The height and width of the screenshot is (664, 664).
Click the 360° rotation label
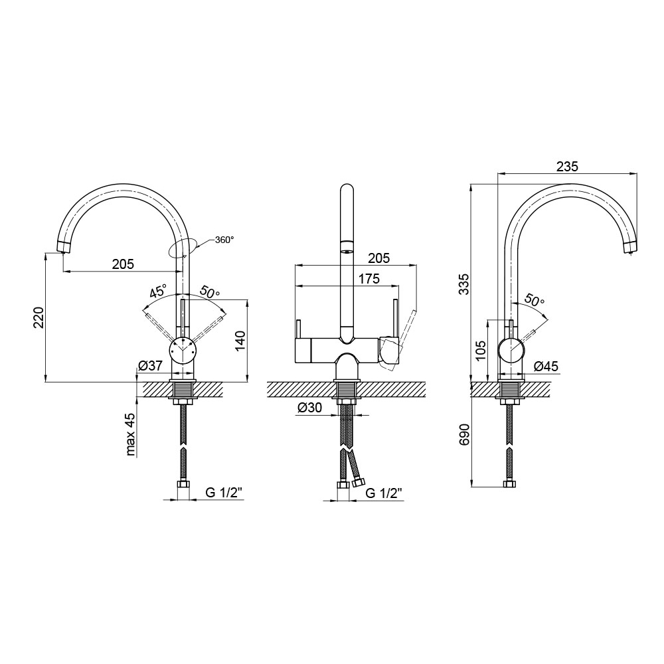coord(224,240)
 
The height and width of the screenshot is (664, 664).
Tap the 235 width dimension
coord(567,167)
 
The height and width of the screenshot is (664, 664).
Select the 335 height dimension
coord(465,284)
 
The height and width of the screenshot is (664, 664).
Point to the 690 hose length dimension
coord(465,434)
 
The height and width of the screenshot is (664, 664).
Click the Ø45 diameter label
coord(546,367)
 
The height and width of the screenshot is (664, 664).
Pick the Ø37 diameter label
coord(150,365)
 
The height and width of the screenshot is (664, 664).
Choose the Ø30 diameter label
coord(309,408)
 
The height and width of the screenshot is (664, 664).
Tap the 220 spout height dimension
coord(39,317)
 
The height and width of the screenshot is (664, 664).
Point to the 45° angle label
coord(159,291)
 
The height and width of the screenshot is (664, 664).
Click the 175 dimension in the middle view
coord(369,279)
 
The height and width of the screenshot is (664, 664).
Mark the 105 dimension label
coord(481,350)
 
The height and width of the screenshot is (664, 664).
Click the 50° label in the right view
coord(535,300)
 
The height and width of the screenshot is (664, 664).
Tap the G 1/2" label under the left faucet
coord(224,493)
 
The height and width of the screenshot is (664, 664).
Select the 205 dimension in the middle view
coord(378,258)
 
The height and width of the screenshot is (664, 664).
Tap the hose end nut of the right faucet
coord(509,485)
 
